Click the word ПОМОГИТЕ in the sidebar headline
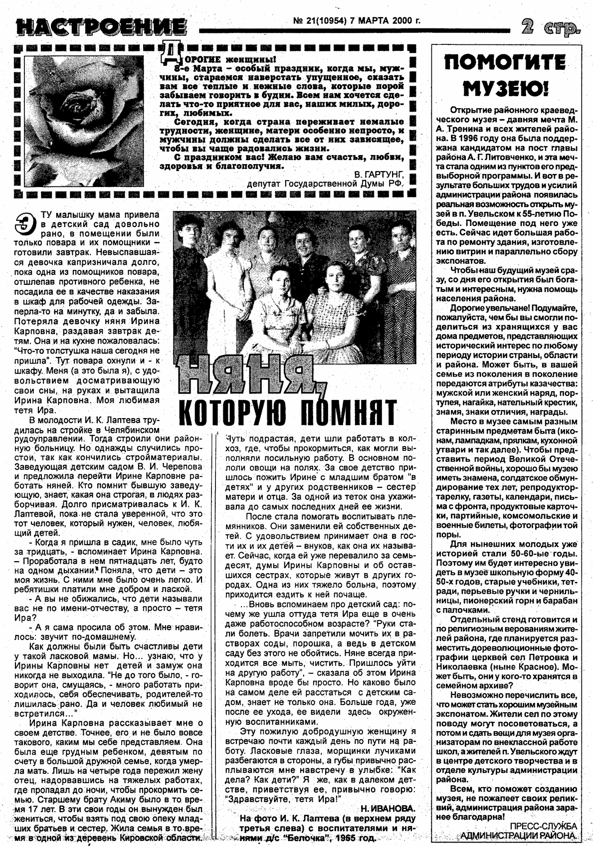click(x=505, y=64)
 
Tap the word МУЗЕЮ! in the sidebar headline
click(x=505, y=89)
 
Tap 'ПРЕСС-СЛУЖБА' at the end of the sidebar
click(x=543, y=826)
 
